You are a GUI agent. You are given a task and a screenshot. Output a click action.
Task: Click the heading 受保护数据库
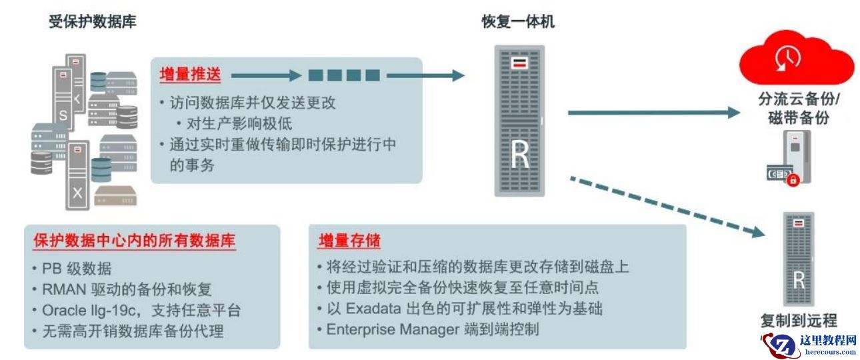(x=93, y=22)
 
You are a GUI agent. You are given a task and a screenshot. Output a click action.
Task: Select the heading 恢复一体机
(x=518, y=22)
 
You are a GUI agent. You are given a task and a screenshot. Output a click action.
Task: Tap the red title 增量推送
(x=189, y=75)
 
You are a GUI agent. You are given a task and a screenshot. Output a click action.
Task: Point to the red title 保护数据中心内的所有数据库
(x=134, y=241)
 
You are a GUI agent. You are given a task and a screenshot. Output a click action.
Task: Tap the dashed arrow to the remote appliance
(x=666, y=205)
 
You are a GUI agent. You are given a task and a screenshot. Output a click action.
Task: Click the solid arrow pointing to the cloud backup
(x=653, y=113)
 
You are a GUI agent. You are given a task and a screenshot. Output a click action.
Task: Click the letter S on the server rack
(x=63, y=115)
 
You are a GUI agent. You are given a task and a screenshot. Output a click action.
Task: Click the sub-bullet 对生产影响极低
(x=239, y=123)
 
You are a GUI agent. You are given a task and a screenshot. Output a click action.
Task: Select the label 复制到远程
(x=799, y=319)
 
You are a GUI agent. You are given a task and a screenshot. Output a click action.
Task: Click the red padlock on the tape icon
(x=793, y=180)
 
